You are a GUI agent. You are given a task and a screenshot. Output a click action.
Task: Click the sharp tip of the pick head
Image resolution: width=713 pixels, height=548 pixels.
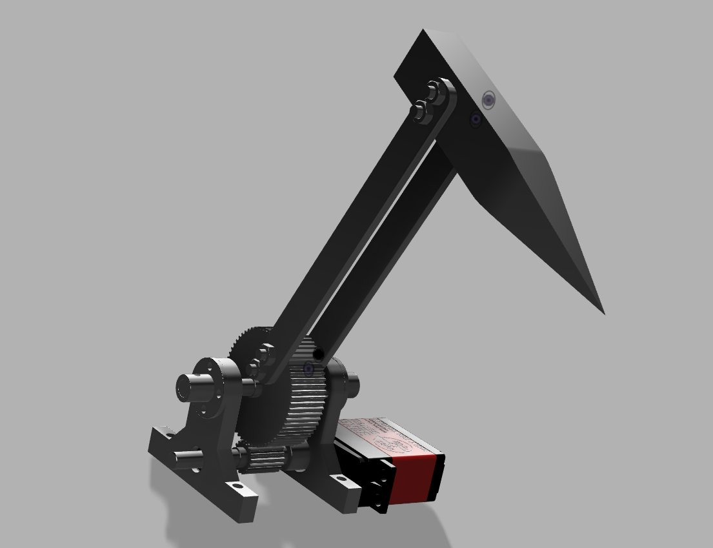coord(602,312)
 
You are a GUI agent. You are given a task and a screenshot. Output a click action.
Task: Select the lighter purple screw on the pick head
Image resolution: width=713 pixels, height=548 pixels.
coord(489,100)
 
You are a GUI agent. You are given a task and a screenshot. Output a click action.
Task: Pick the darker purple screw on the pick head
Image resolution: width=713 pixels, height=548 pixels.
coord(476,119)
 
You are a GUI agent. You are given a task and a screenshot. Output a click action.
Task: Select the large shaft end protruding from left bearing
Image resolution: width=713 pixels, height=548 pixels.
coord(188,387)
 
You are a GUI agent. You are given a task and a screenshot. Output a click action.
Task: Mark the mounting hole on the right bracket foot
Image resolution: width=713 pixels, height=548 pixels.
coord(339,480)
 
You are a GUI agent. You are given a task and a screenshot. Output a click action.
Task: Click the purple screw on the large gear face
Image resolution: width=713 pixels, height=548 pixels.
coord(308,369)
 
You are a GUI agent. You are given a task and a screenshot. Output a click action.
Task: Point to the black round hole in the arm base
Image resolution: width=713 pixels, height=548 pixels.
coord(317,354)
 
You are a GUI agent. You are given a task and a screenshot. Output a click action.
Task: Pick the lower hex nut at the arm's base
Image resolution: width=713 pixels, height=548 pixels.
coord(255,369)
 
